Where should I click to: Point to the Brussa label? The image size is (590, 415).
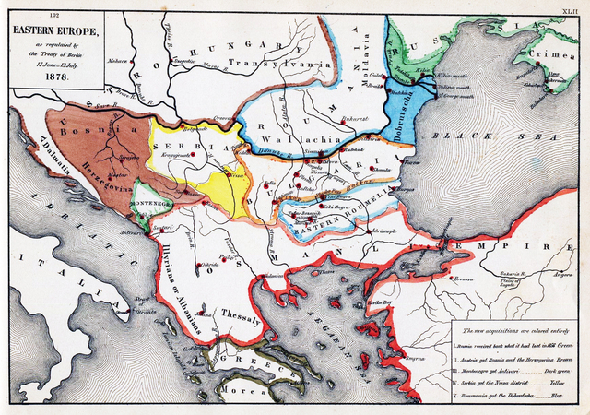(x=460, y=279)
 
